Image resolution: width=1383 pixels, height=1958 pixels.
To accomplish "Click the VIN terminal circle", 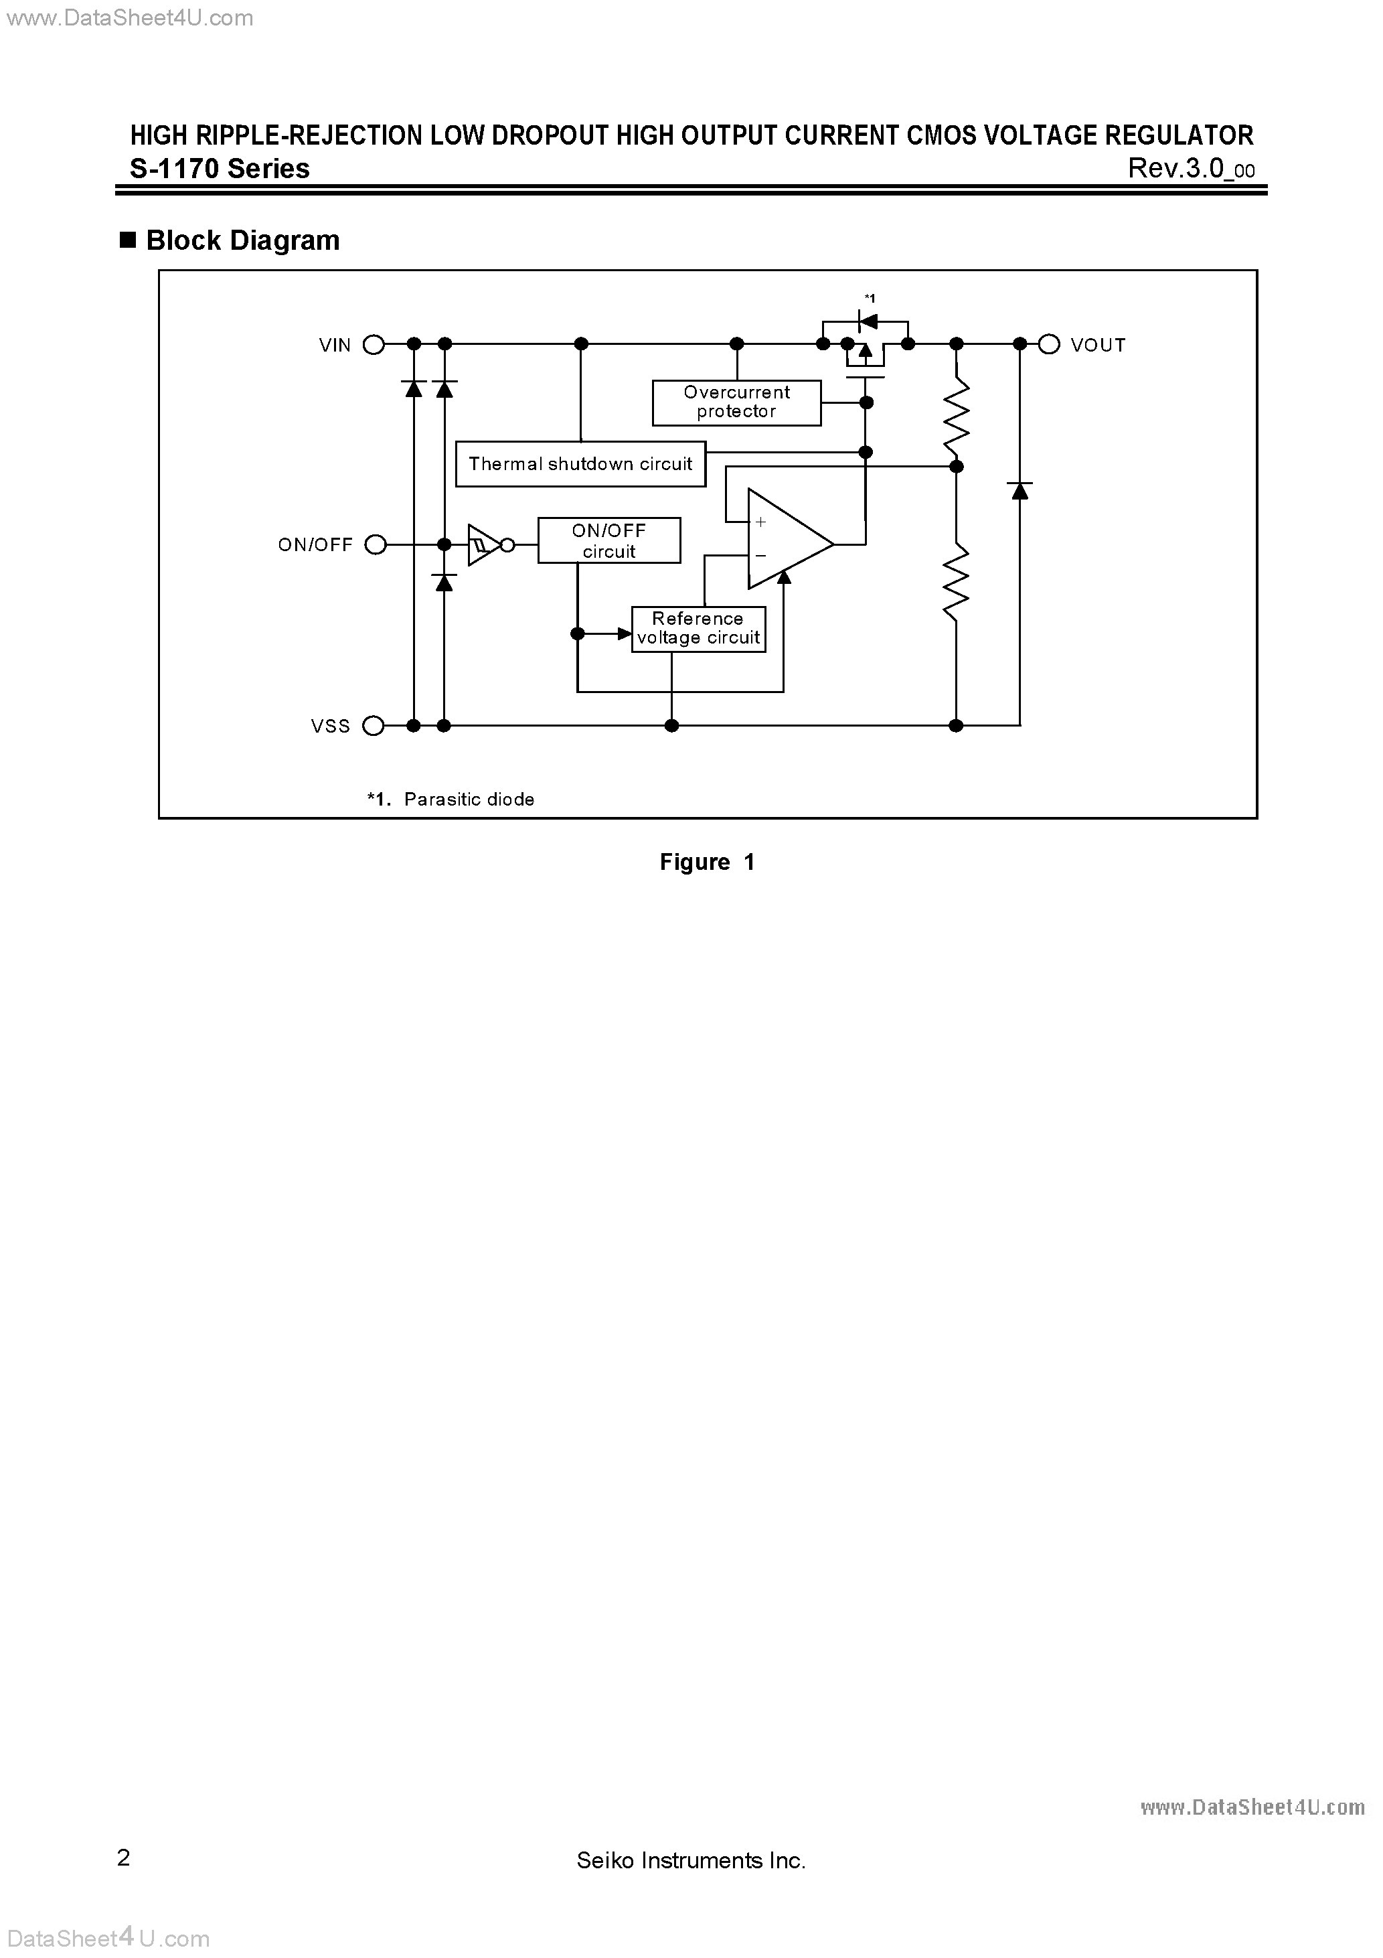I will click(374, 345).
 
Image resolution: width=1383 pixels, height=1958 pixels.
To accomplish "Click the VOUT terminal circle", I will click(1049, 345).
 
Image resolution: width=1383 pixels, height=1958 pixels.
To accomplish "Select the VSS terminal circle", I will click(374, 726).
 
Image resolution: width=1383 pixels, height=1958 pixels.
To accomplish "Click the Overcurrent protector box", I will click(737, 402).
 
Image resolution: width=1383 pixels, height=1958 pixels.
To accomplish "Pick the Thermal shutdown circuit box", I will click(580, 464).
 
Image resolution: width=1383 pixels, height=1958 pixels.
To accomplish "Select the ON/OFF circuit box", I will click(608, 540).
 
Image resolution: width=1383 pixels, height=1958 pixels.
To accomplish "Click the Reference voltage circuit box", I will click(698, 629).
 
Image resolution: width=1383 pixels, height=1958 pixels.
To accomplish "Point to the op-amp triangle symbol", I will click(786, 539).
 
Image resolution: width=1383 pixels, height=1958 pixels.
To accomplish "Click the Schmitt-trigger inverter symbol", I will click(484, 544).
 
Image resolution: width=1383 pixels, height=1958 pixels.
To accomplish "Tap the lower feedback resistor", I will click(957, 582).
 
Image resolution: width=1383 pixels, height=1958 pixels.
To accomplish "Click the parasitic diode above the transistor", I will click(867, 321).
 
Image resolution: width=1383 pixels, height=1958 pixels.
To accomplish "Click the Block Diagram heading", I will click(242, 240).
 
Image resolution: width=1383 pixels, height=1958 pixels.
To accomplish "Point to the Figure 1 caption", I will click(707, 862).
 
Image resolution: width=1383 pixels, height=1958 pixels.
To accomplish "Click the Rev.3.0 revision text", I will click(1190, 169).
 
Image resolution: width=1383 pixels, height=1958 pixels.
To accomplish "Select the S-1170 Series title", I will click(220, 169).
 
